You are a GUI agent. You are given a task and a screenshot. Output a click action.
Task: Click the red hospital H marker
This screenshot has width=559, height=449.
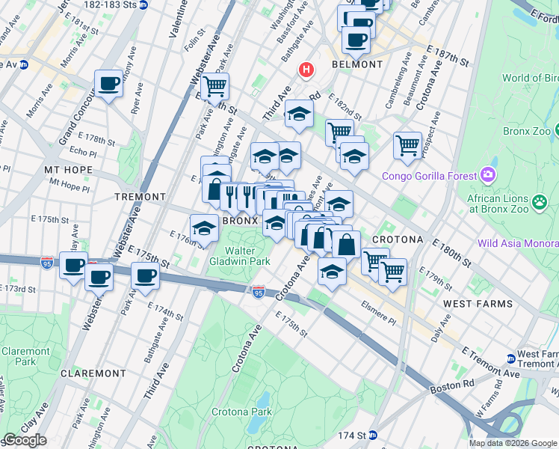(x=305, y=70)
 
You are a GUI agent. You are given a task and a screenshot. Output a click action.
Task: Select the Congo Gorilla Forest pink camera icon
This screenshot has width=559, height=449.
(x=489, y=175)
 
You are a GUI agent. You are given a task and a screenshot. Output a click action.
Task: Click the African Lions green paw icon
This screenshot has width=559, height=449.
(x=539, y=201)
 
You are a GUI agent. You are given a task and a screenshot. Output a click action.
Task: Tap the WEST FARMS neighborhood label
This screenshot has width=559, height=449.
(x=478, y=304)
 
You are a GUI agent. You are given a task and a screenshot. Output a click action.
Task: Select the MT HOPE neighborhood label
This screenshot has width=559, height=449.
(x=68, y=170)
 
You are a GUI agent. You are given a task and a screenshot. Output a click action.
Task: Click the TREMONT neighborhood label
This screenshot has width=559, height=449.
(x=140, y=197)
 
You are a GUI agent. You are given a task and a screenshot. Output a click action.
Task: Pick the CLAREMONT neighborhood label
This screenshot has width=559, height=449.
(x=93, y=373)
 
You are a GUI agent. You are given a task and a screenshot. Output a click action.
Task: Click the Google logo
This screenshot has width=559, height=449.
(x=25, y=441)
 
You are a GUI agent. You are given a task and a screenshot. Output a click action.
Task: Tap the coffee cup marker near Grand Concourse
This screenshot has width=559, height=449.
(x=108, y=83)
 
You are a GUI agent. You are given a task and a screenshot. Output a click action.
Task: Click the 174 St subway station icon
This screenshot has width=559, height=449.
(x=372, y=435)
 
